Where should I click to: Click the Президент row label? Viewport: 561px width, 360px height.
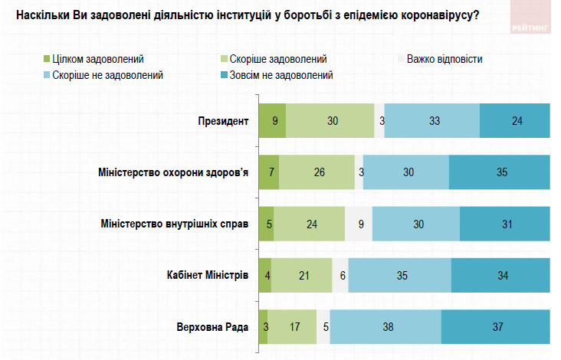point(223,121)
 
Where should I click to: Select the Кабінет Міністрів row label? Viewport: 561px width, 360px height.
point(208,275)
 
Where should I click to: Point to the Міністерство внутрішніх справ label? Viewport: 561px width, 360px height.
point(175,224)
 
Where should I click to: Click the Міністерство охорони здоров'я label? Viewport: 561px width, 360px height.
point(174,172)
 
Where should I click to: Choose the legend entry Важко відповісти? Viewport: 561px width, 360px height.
point(445,59)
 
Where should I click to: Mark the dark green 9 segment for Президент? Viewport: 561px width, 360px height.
point(273,121)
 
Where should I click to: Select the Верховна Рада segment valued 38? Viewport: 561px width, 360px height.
point(385,326)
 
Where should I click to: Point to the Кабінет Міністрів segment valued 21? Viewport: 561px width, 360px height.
point(302,275)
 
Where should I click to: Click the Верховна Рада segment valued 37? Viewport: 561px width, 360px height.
point(496,326)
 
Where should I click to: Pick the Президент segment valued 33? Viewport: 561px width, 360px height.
point(432,121)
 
